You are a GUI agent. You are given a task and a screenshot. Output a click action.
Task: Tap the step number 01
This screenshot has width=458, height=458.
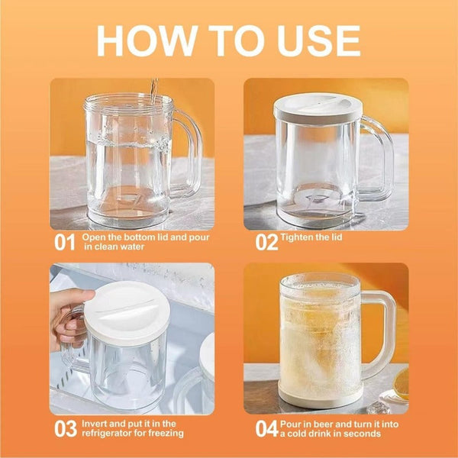point(64,243)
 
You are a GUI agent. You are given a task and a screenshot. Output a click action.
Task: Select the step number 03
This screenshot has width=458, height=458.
point(64,428)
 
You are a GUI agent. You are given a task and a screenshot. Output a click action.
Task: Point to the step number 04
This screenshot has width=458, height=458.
point(266,429)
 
